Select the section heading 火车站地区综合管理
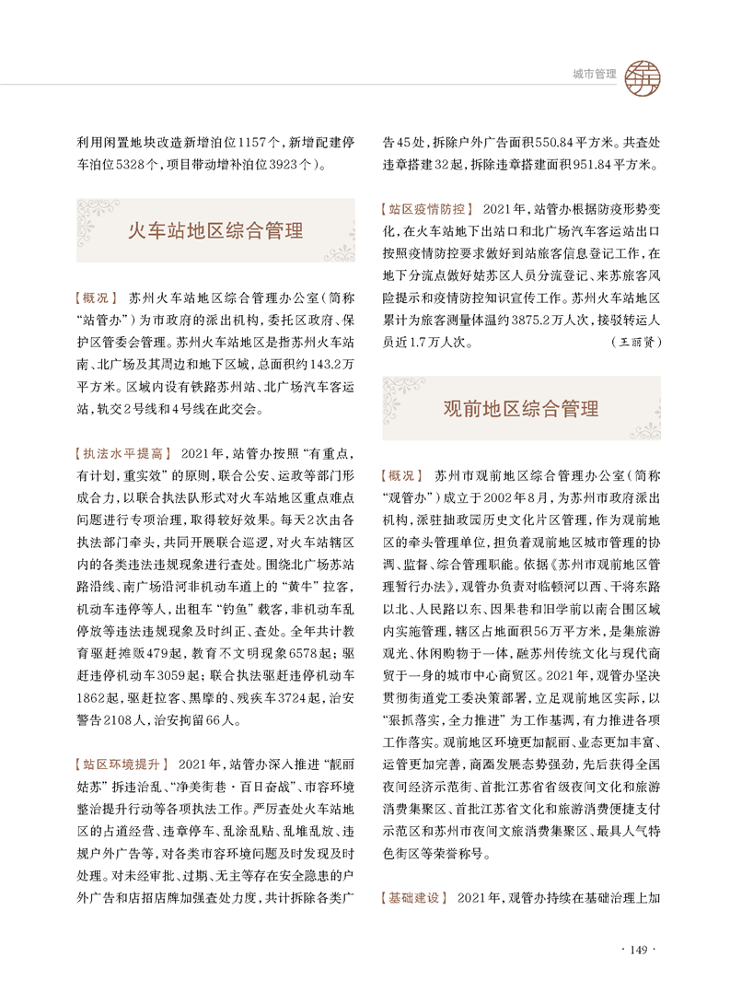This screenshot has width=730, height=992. coord(214,229)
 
